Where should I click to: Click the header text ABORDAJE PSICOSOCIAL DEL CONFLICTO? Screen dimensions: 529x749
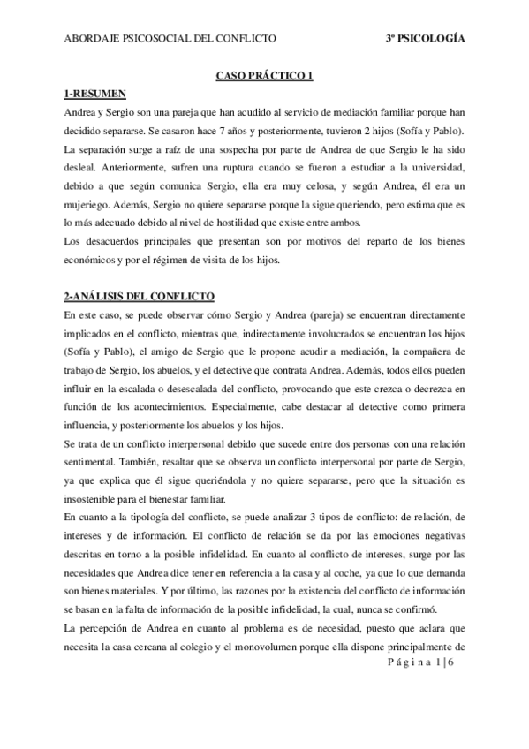pyautogui.click(x=170, y=39)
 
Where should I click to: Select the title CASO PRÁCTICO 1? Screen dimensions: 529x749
pyautogui.click(x=265, y=77)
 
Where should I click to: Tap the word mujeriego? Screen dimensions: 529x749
pyautogui.click(x=90, y=205)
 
